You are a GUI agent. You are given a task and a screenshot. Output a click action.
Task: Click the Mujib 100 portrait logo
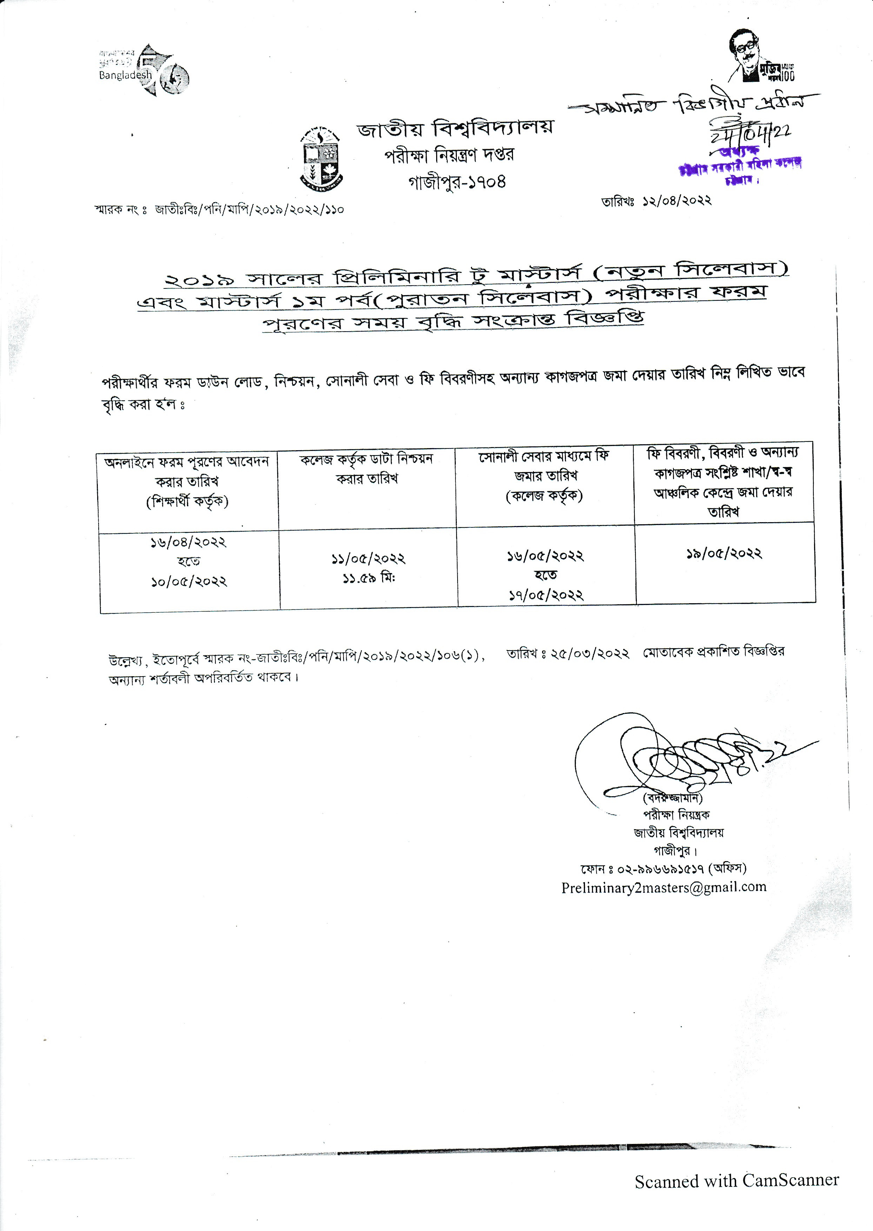760,56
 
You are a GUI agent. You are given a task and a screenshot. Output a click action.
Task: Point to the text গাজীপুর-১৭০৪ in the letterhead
457,182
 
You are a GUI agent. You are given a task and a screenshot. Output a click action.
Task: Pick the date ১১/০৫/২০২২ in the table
368,559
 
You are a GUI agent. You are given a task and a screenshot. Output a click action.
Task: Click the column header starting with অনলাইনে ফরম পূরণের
187,481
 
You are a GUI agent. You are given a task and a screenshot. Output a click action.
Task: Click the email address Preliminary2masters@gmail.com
664,887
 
